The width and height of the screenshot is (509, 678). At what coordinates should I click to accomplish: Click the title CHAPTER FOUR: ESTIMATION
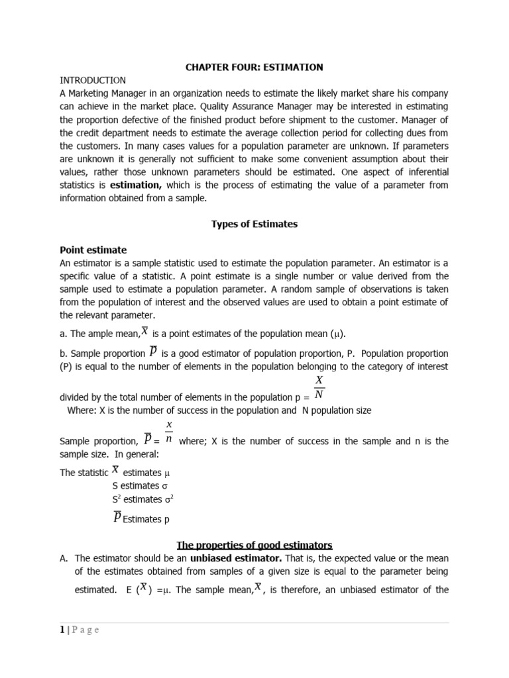click(x=254, y=67)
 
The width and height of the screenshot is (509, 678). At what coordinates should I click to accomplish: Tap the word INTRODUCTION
click(x=93, y=80)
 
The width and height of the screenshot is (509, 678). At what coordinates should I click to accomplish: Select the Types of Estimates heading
click(x=254, y=224)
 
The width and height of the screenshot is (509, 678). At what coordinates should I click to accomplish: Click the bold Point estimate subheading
click(x=93, y=250)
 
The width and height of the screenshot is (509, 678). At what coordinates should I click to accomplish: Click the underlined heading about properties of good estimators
click(x=254, y=545)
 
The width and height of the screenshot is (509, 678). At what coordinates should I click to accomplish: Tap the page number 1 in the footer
click(x=62, y=630)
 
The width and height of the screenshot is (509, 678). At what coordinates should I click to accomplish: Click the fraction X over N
click(x=319, y=388)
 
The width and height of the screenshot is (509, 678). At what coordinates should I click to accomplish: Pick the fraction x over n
click(x=169, y=432)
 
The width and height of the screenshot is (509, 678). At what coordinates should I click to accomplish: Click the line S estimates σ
click(x=139, y=485)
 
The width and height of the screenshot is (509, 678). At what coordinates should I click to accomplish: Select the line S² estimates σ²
click(x=143, y=499)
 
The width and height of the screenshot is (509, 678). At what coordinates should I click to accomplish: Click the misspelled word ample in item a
click(x=103, y=334)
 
